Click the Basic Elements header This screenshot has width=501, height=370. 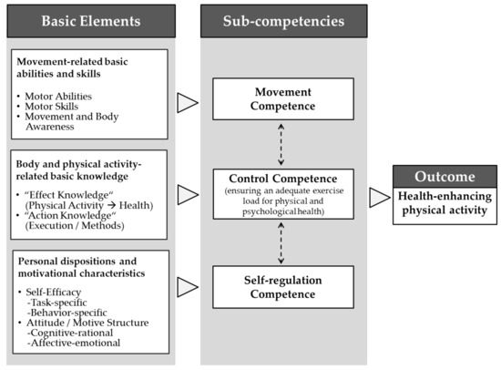[91, 21]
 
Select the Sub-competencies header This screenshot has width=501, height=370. [283, 21]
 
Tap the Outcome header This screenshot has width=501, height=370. [445, 177]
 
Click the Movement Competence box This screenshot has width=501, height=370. [283, 99]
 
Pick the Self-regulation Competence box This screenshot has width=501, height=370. [283, 287]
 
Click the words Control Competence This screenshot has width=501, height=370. [283, 179]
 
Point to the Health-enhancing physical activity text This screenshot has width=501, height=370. [445, 203]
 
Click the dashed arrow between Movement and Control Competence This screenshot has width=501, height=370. [281, 145]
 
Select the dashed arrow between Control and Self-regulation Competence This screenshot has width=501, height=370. [281, 243]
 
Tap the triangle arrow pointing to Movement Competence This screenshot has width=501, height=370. [188, 103]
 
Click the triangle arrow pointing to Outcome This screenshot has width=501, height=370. [380, 198]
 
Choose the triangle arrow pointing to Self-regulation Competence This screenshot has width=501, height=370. [188, 287]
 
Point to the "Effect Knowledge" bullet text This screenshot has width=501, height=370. [69, 195]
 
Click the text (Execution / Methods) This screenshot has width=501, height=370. [75, 225]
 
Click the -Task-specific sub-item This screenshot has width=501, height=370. [56, 303]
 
